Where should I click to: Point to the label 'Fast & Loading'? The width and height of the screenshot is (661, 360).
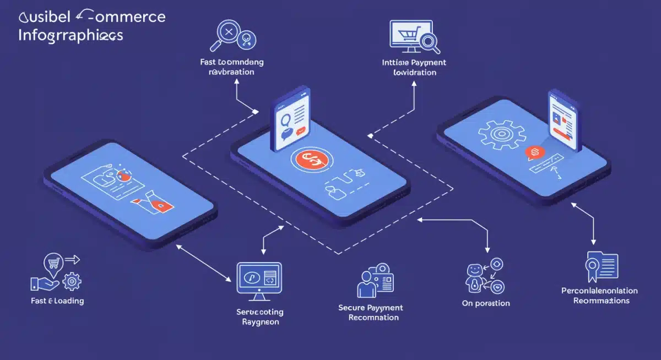[x=58, y=301]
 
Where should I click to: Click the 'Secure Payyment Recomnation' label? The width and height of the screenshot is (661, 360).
[x=370, y=313]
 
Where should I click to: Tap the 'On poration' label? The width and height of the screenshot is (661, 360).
[x=485, y=303]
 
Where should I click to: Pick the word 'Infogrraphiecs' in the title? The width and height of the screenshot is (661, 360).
[x=71, y=36]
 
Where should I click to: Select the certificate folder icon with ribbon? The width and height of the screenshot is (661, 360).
[x=601, y=268]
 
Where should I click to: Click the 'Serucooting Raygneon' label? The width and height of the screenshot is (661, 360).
[x=260, y=317]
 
